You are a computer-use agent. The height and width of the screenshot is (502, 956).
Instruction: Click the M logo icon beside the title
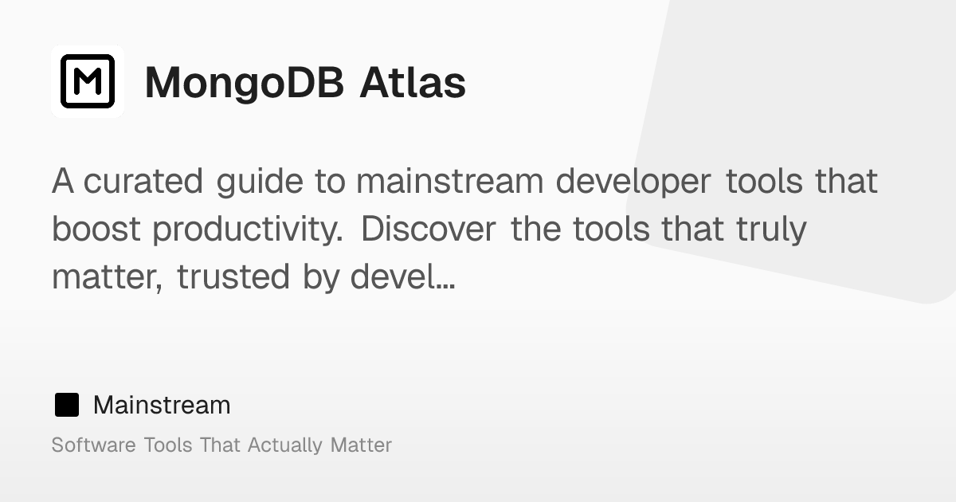point(88,81)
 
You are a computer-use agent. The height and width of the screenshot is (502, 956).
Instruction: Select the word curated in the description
point(143,182)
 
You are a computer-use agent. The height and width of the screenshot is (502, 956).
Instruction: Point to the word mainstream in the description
point(449,182)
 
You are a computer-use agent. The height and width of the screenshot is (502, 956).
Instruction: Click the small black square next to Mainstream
point(67,405)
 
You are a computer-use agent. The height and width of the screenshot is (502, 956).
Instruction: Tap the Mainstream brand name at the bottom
point(162,405)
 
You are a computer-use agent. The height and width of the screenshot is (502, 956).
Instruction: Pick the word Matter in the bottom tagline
point(361,445)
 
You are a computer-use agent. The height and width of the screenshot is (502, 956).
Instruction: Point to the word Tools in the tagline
point(168,445)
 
